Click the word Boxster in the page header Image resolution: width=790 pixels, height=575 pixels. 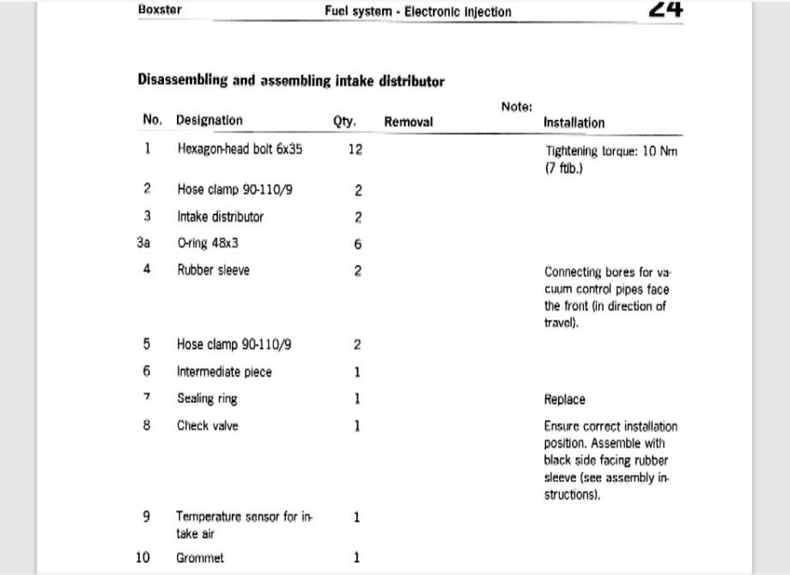coord(160,10)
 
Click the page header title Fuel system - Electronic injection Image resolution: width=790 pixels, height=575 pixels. coord(417,12)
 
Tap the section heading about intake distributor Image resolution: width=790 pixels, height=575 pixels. coord(291,81)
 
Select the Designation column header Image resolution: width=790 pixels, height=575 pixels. coord(210,120)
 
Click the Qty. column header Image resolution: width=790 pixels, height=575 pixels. coord(344,121)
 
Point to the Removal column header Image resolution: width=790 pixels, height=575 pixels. coord(408,122)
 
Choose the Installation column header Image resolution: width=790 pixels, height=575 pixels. coord(574,123)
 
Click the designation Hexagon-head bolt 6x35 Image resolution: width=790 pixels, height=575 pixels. coord(240,149)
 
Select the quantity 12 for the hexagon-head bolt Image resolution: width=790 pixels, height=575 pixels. coord(355,150)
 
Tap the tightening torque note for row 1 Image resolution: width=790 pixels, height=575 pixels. coord(611,159)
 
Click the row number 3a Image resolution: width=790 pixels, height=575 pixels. coord(143,243)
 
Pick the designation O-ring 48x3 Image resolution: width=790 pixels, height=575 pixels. coord(208,243)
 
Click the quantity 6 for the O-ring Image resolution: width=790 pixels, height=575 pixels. coord(357,244)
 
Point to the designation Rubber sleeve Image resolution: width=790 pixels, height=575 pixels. coord(213,270)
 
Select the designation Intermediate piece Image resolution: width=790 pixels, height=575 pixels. coord(224,371)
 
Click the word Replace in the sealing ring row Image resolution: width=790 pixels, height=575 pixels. coord(564,400)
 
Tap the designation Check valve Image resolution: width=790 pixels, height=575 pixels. coord(208,425)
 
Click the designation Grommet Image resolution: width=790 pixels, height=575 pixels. coord(200,558)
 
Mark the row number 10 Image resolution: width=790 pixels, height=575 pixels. coord(143,558)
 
